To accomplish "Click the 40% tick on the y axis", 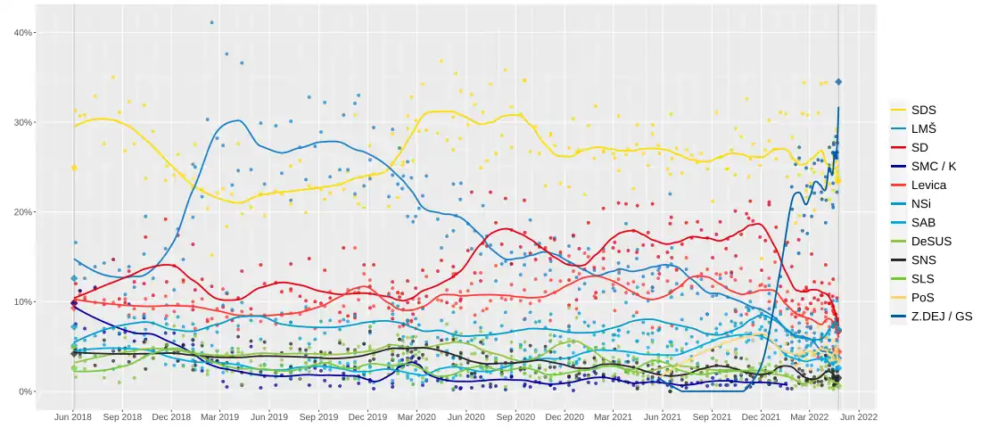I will pos(23,33).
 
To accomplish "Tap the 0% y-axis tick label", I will pos(26,391).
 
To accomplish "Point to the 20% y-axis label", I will pos(23,212).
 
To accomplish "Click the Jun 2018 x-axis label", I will pos(73,416).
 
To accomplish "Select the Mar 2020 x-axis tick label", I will pos(416,416).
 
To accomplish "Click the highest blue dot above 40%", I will pos(211,22).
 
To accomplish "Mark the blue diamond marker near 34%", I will pos(838,82).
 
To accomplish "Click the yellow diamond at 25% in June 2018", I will pos(74,168).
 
